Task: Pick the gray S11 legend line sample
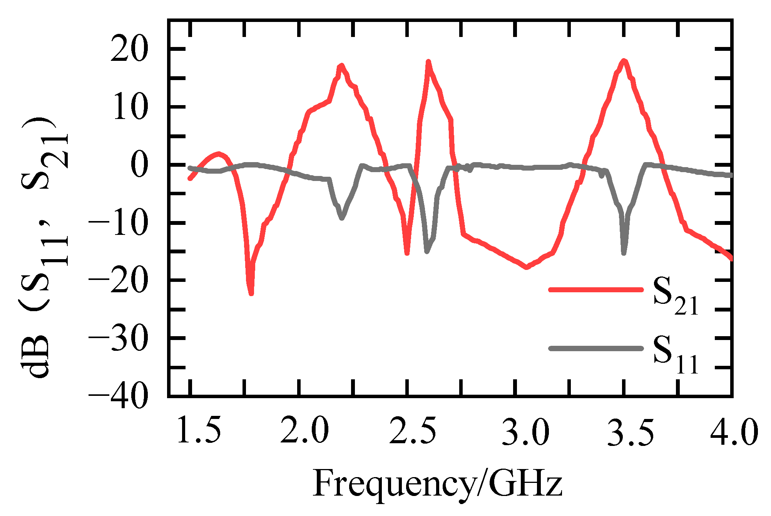596,348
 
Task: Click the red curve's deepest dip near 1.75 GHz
251,294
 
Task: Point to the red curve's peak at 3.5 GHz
624,60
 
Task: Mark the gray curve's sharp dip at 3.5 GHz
624,253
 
